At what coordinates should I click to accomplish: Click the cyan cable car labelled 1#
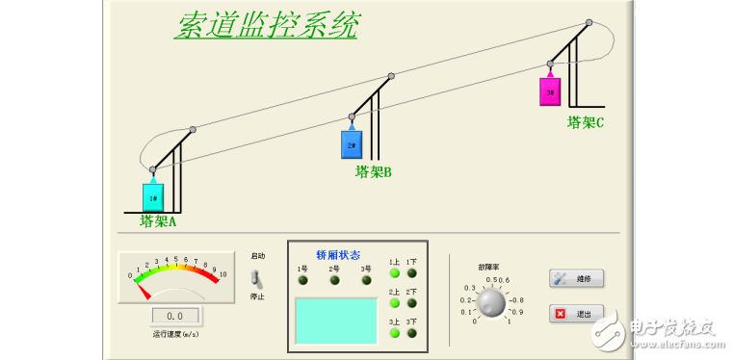point(153,196)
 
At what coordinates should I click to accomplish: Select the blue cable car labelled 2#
point(351,144)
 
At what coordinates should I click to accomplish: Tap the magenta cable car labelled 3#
point(549,91)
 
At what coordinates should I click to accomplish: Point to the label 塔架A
point(158,220)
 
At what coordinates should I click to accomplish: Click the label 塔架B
point(374,172)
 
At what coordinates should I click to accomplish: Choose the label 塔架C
point(586,122)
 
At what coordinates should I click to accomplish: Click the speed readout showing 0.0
point(174,316)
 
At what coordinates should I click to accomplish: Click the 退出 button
point(576,314)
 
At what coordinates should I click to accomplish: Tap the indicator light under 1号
point(302,281)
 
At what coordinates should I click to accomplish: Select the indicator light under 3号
point(366,281)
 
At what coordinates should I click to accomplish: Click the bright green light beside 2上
point(394,303)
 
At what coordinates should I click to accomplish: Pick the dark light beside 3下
point(412,333)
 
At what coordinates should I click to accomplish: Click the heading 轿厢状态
point(338,254)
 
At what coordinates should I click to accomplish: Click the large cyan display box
point(335,322)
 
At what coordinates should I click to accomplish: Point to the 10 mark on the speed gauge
point(223,275)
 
